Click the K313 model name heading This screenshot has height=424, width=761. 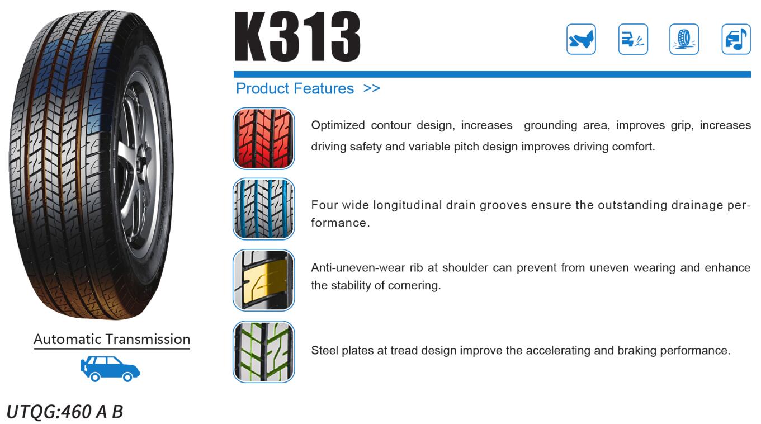pos(297,36)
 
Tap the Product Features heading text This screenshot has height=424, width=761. pos(295,89)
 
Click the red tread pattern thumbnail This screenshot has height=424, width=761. pos(263,138)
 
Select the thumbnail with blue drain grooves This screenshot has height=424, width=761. pos(263,209)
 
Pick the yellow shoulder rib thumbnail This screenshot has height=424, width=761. pos(263,280)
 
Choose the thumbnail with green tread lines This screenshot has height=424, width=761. pos(263,352)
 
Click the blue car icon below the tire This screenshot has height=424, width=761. pos(110,369)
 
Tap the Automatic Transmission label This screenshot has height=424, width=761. pos(112,339)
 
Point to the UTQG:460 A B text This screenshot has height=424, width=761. pos(64,412)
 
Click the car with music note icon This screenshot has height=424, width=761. pos(736,39)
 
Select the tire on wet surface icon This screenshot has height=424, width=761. pos(684,39)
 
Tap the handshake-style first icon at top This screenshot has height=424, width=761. pos(581,39)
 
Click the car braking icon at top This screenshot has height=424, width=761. pos(633,39)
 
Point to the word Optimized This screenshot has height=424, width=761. pos(338,125)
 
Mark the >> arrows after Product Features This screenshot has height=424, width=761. pos(372,89)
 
